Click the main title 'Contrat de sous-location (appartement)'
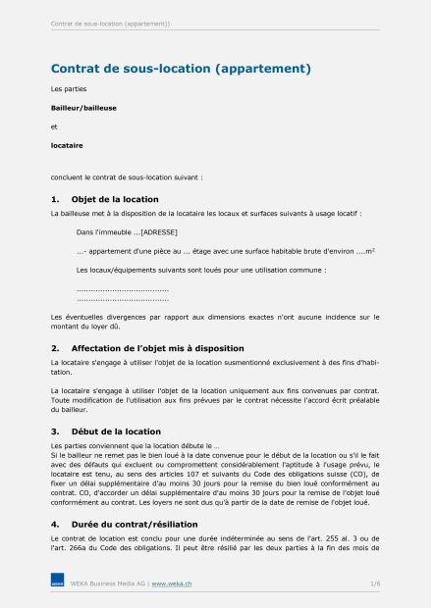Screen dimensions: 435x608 (181, 69)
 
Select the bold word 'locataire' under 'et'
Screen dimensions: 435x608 (67, 145)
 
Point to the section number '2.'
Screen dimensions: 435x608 (55, 348)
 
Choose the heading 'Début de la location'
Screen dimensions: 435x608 (116, 431)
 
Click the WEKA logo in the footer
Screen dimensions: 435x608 (57, 583)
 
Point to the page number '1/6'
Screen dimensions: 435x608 (375, 583)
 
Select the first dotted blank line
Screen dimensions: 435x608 (123, 289)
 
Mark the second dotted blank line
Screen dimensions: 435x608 (123, 298)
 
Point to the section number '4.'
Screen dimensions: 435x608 (55, 524)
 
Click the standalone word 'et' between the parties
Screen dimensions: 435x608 (54, 126)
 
